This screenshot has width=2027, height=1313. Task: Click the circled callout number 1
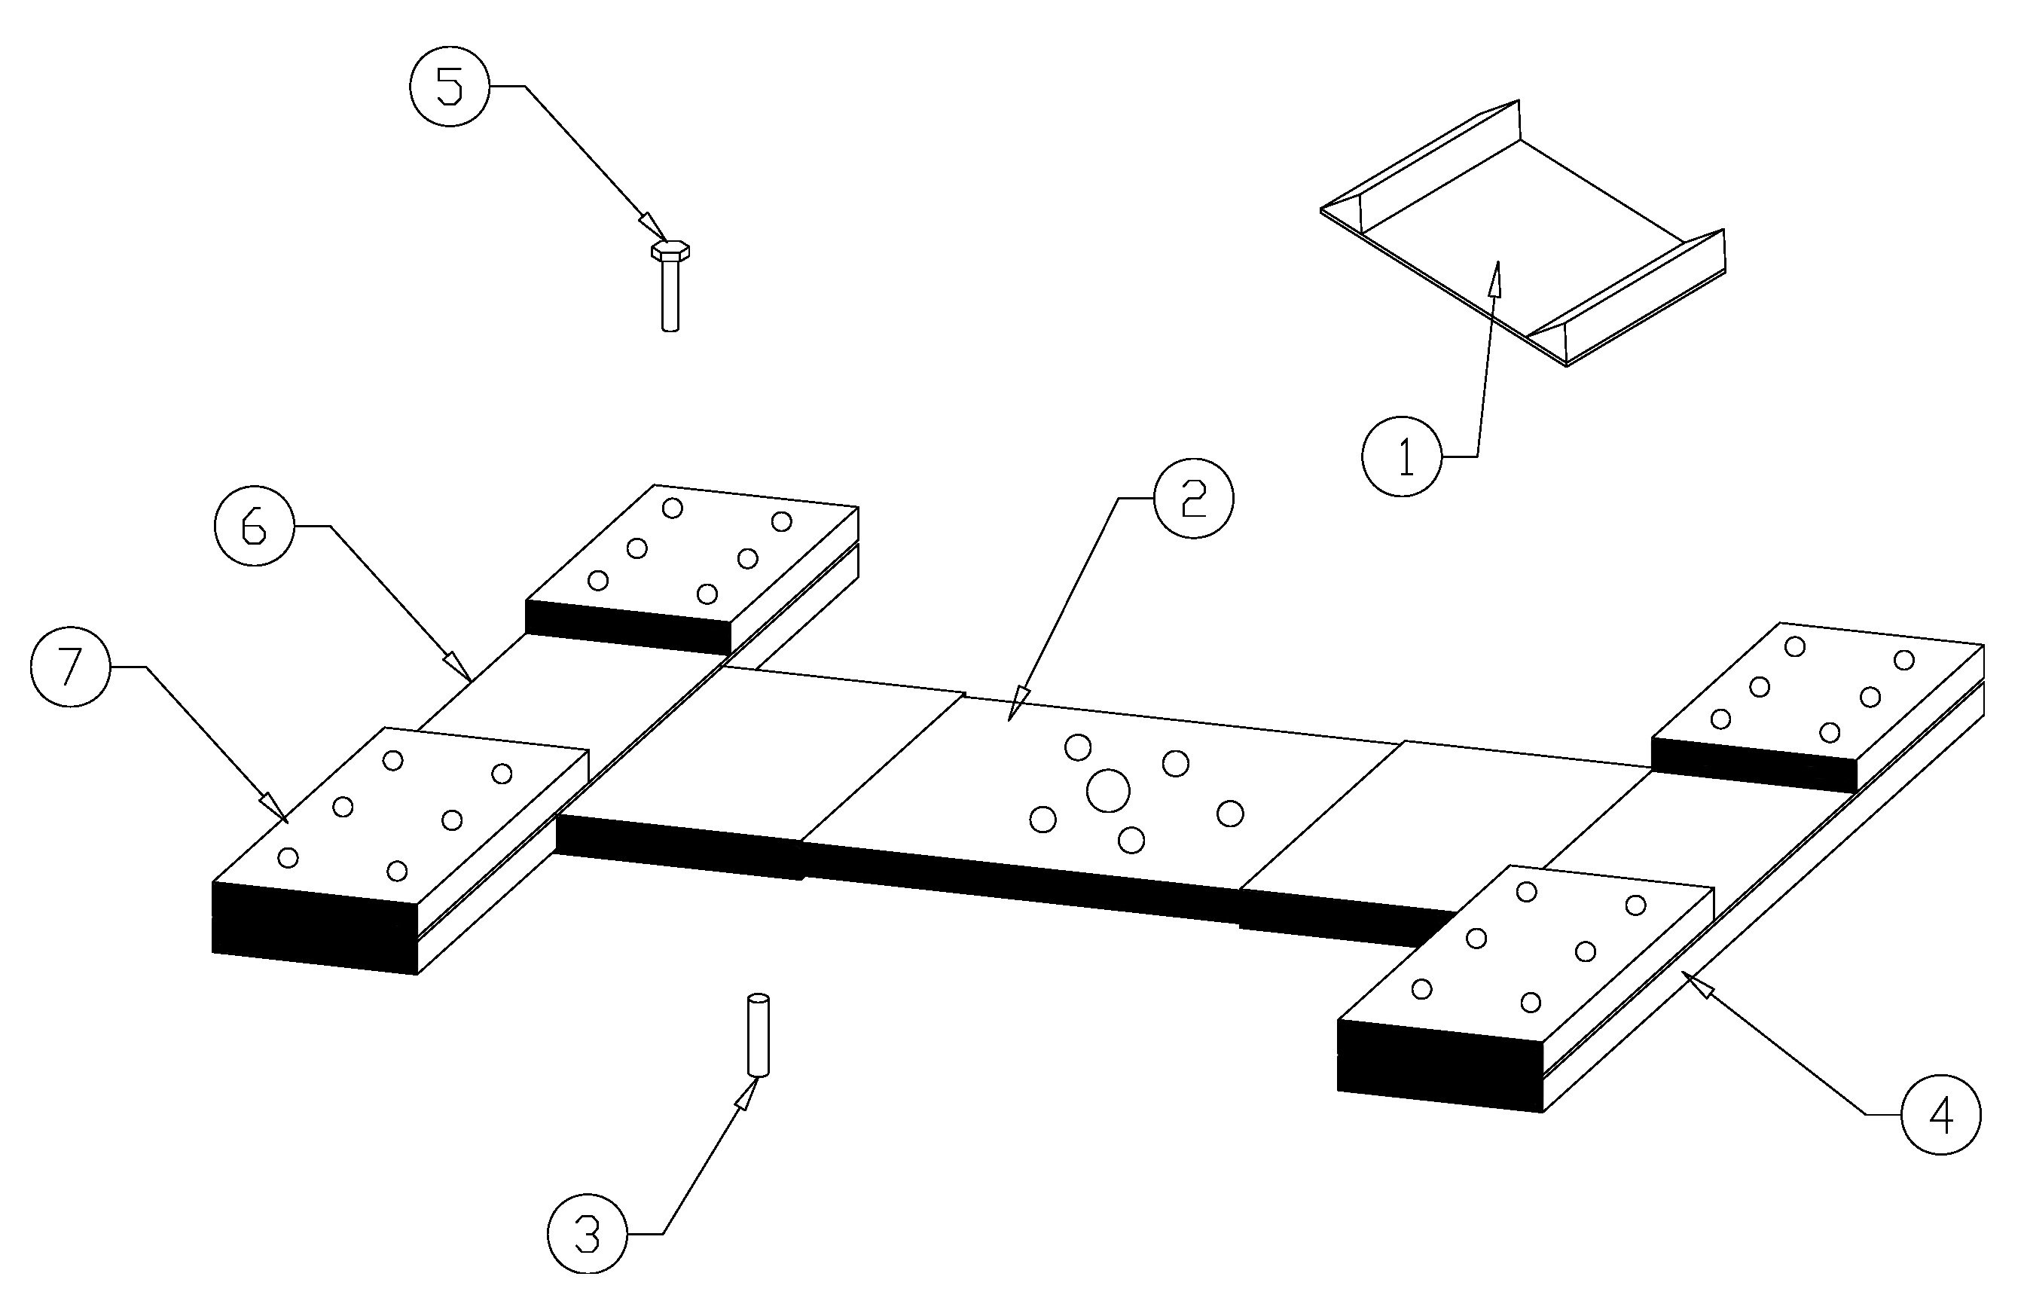point(1403,458)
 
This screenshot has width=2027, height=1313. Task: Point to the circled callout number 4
point(1941,1115)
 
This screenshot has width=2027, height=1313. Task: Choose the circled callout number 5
point(450,87)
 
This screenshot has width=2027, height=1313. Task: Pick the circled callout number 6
point(254,527)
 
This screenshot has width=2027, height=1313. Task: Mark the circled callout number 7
point(70,667)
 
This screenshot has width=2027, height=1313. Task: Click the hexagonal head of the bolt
point(670,250)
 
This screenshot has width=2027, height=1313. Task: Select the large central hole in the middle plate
point(1108,791)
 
